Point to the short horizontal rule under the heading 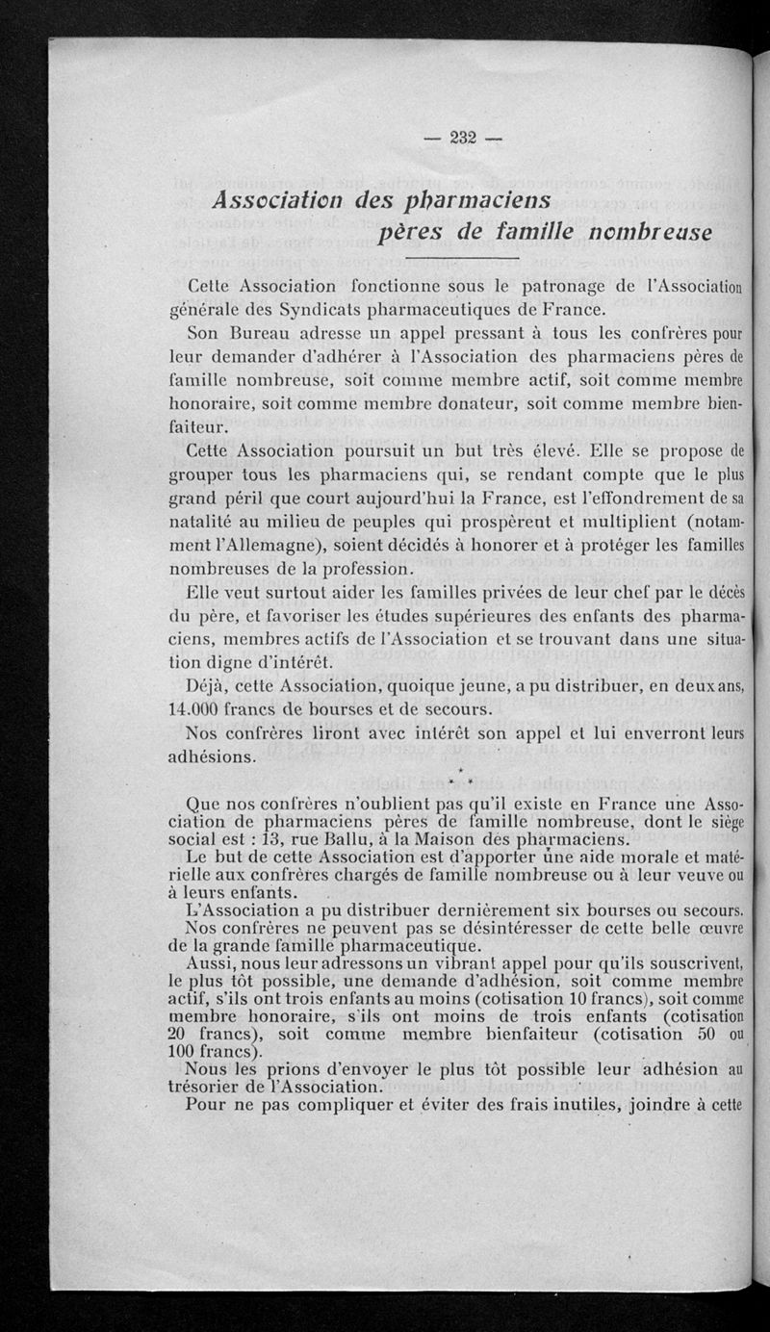[462, 258]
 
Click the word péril [255, 499]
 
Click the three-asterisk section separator [462, 776]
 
